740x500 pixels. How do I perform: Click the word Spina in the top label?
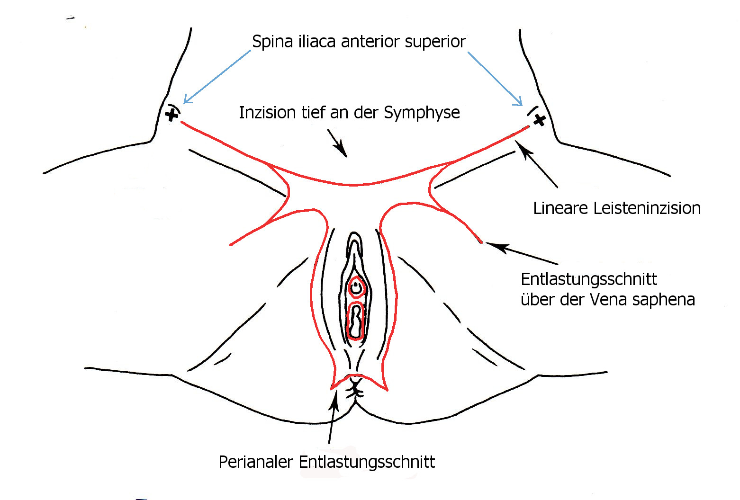coord(272,42)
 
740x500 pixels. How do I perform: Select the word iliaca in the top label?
coord(317,42)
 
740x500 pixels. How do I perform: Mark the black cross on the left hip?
coord(172,114)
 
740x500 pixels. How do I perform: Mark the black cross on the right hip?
coord(539,120)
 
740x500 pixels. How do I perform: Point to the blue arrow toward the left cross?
coord(217,76)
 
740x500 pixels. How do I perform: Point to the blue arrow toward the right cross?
coord(495,79)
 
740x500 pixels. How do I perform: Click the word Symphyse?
coord(422,113)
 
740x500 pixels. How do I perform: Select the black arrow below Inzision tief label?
coord(337,143)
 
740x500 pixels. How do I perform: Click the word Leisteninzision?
coord(647,208)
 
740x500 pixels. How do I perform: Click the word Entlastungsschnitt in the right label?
coord(589,279)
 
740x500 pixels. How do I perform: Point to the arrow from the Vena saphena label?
coord(521,253)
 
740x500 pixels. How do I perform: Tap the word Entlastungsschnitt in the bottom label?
coord(367,462)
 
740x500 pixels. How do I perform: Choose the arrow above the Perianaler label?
coord(333,417)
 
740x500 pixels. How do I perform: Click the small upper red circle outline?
coord(356,287)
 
